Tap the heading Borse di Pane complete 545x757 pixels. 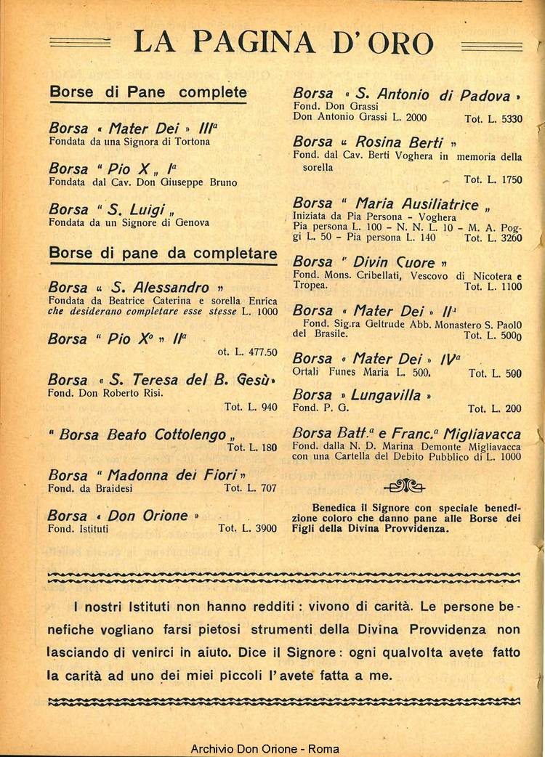(x=148, y=92)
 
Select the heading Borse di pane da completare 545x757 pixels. (x=163, y=254)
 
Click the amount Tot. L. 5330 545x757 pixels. (x=493, y=118)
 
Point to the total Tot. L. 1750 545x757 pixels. (x=493, y=179)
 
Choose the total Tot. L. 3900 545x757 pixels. (x=247, y=528)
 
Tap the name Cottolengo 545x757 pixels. (x=190, y=434)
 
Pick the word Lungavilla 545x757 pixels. (x=386, y=395)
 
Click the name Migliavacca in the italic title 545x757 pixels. (x=481, y=433)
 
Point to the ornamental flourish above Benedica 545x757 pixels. (x=405, y=485)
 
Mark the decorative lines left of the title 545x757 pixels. (x=80, y=43)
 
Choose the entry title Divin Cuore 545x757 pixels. (x=395, y=262)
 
